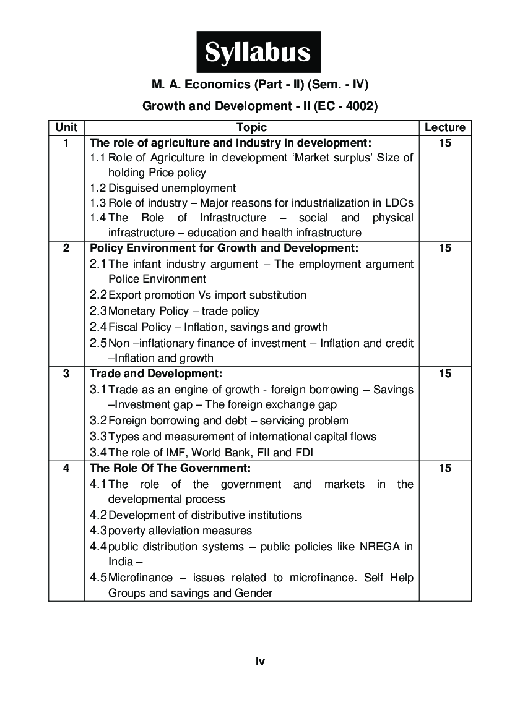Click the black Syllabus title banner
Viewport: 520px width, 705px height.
coord(259,53)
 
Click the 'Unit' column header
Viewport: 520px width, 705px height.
coord(66,127)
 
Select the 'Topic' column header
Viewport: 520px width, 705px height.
coord(251,127)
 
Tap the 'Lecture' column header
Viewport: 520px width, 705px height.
coord(444,127)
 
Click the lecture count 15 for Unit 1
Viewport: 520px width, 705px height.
coord(444,143)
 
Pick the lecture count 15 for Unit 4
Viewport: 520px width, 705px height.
coord(444,468)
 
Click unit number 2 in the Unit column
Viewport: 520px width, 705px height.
coord(66,248)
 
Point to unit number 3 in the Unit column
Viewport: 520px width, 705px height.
coord(66,374)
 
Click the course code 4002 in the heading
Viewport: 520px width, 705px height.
coord(355,106)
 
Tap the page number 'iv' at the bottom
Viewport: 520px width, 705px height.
coord(260,662)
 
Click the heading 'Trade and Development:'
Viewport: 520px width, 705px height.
coord(156,374)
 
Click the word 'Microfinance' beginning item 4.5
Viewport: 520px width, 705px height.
coord(140,578)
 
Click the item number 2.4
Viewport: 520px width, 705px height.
coord(98,327)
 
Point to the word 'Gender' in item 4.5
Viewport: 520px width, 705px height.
coord(253,593)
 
